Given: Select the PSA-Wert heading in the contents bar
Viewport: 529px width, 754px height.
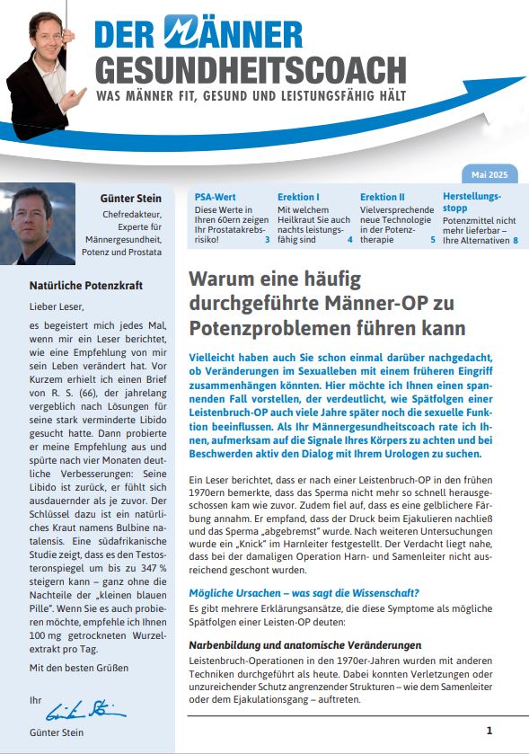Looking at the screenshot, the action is click(x=216, y=196).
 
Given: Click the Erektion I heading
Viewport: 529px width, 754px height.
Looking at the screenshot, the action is click(x=298, y=196).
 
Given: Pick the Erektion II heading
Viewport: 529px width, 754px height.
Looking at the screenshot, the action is click(x=383, y=196).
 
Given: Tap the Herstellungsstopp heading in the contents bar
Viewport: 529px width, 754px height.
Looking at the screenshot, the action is click(x=472, y=201).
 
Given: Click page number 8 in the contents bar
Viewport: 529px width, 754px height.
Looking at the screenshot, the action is click(x=516, y=241).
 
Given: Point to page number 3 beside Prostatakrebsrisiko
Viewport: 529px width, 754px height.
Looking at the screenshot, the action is click(x=268, y=241).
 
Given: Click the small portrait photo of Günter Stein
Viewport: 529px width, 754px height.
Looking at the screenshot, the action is click(x=38, y=224).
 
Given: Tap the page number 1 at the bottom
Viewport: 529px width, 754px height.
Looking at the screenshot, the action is click(x=489, y=731).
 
